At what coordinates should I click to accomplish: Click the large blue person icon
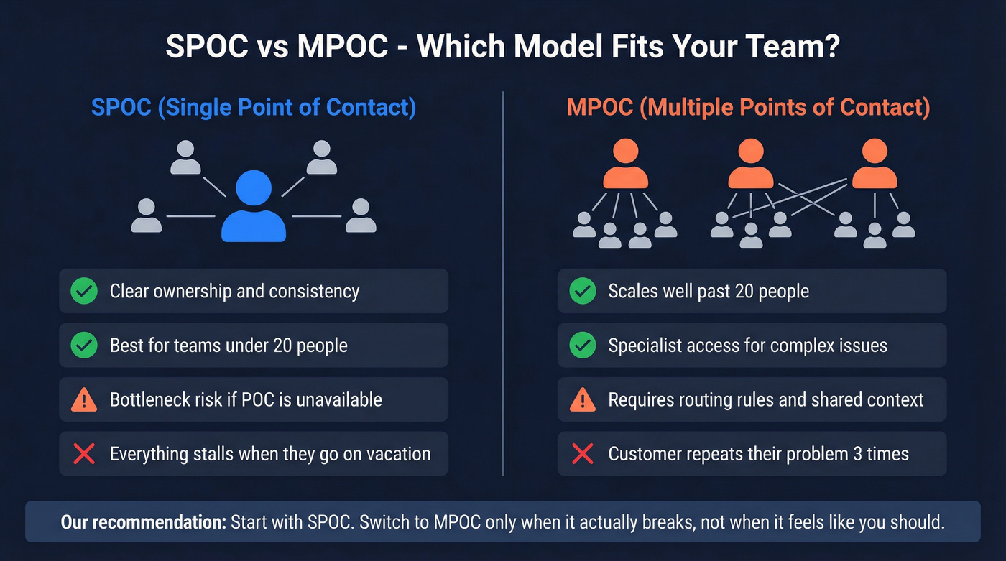(253, 207)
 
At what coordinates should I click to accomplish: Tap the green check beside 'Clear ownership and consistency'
(84, 291)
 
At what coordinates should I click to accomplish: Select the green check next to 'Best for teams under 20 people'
(84, 346)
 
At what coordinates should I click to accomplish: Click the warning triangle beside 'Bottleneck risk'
(84, 399)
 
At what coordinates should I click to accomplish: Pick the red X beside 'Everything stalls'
(84, 454)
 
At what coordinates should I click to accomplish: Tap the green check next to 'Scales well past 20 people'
(582, 291)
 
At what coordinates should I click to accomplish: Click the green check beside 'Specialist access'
(582, 346)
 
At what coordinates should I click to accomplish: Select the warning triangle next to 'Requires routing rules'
(582, 399)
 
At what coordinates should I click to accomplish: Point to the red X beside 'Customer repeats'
(582, 454)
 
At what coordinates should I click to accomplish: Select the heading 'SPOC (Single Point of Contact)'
(253, 108)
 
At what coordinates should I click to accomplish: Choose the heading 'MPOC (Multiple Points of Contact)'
(748, 108)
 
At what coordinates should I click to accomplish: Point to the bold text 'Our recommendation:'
(143, 522)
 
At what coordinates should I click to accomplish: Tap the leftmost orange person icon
(625, 165)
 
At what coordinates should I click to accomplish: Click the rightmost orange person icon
(874, 165)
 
